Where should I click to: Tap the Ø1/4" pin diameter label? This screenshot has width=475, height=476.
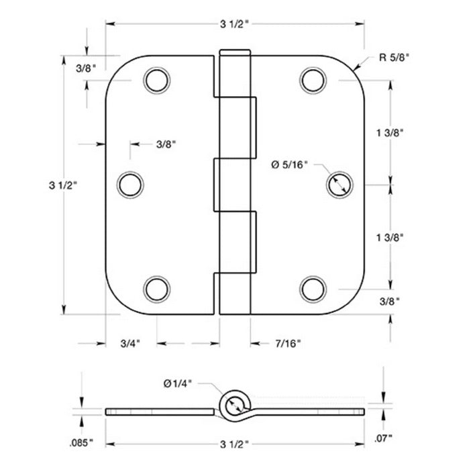point(178,383)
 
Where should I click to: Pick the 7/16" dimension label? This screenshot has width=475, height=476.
point(288,344)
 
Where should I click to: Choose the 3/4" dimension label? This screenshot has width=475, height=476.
point(130,344)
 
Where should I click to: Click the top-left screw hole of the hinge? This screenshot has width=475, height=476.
point(155,80)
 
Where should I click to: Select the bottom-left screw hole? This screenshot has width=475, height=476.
point(155,288)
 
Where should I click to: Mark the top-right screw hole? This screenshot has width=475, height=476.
point(312,80)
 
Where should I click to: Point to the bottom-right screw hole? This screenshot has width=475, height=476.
point(312,288)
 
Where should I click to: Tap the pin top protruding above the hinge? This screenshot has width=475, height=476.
point(233,53)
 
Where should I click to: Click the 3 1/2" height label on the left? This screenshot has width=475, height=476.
point(64,183)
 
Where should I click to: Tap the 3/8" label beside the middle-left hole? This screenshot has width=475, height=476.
point(166,144)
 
